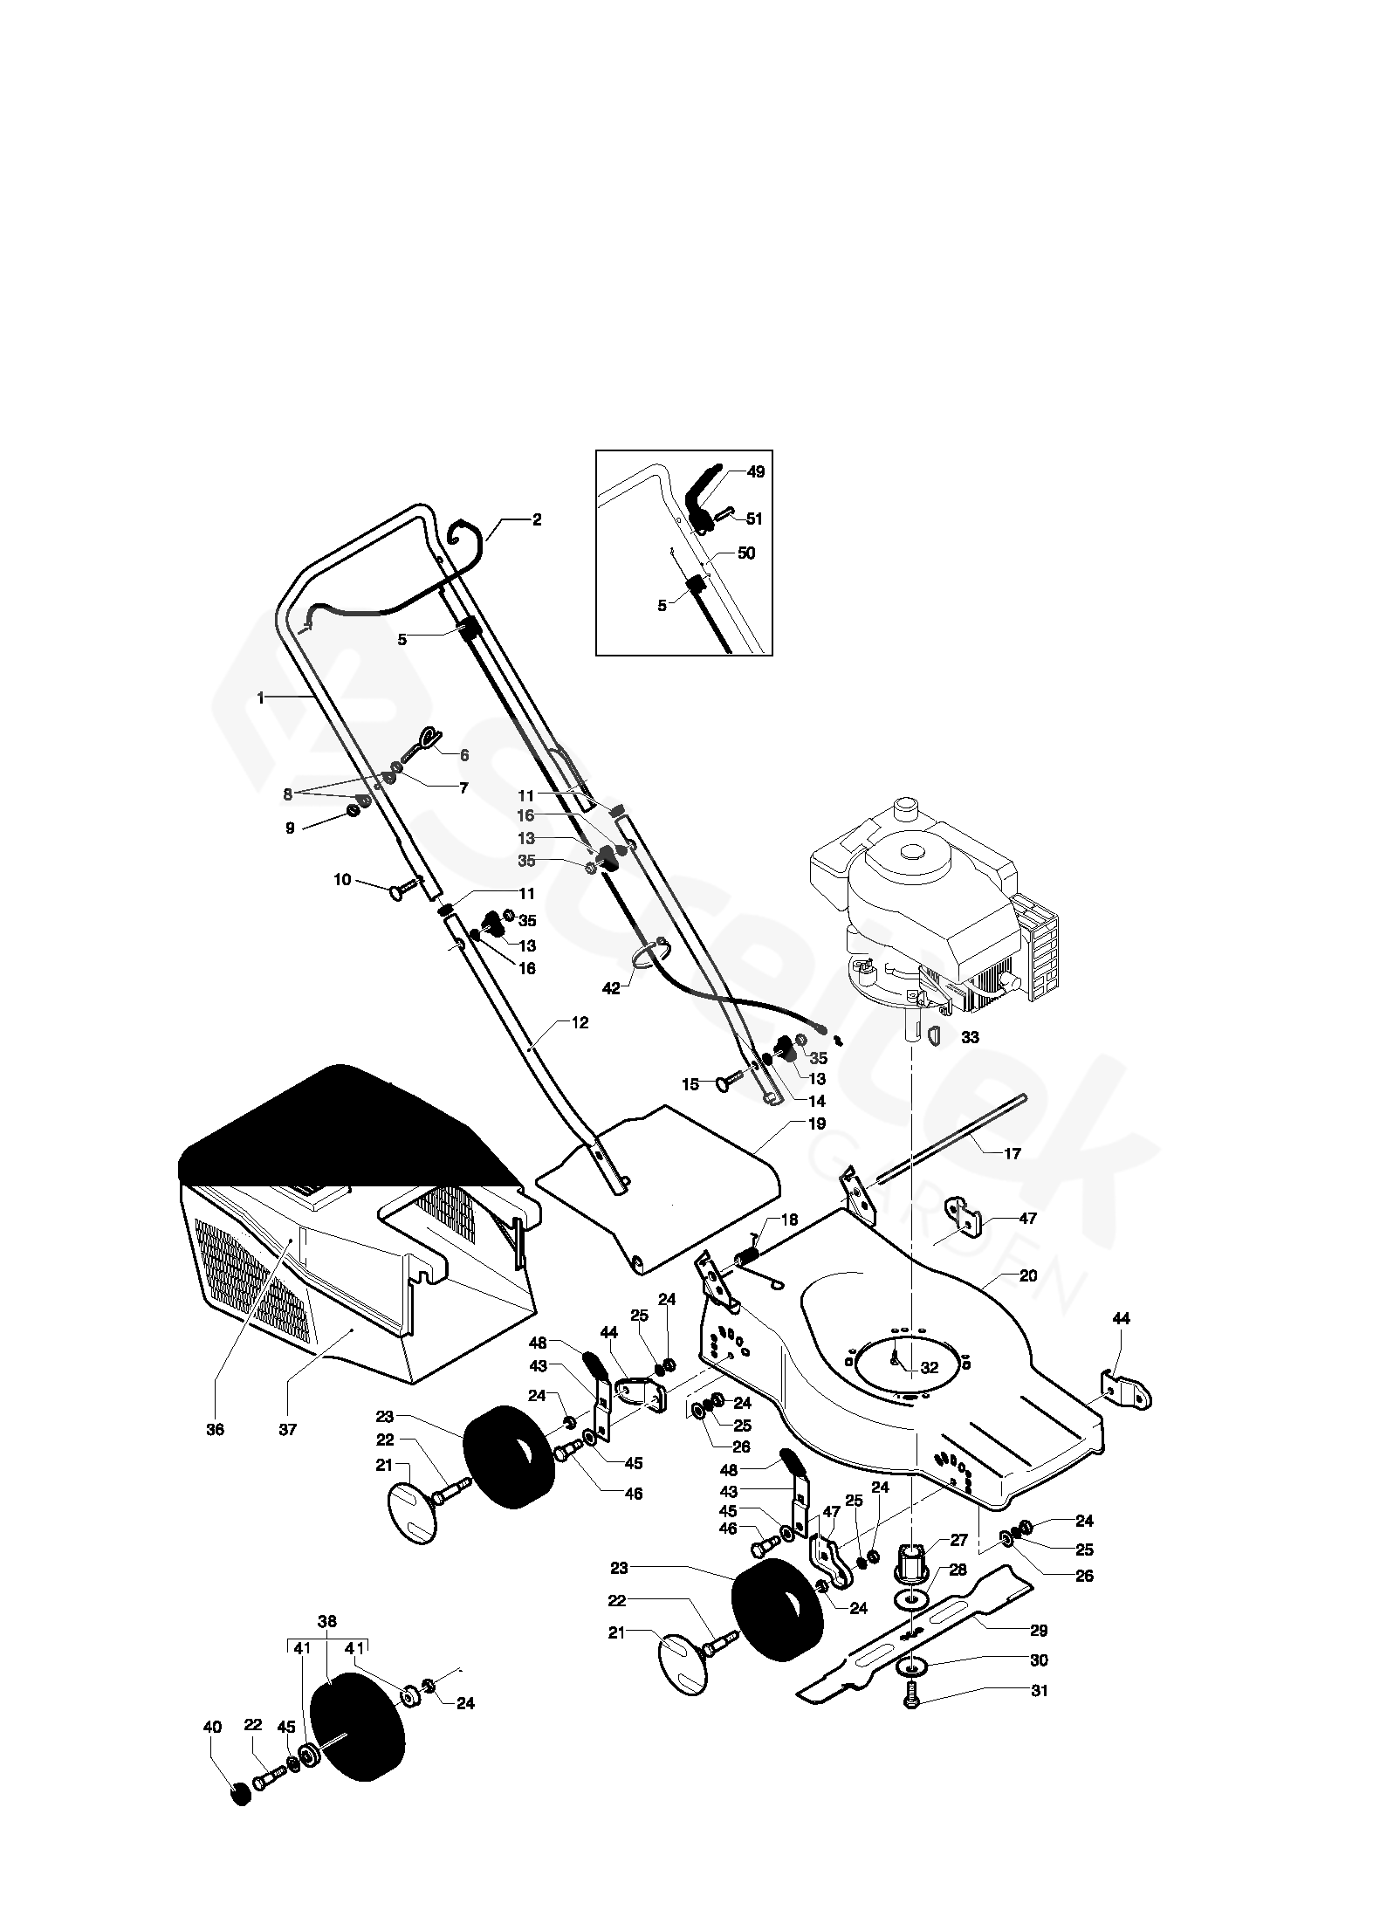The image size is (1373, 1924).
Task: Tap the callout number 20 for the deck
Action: [x=1028, y=1275]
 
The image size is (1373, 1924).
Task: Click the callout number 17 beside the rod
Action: [x=1013, y=1153]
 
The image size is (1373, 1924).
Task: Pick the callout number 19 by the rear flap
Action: [x=817, y=1123]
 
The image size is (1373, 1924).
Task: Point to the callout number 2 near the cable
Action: [x=537, y=519]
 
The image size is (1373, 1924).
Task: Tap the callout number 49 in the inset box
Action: [x=756, y=471]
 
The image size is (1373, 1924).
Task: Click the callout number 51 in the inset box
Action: [x=754, y=519]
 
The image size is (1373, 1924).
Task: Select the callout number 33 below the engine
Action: [x=969, y=1037]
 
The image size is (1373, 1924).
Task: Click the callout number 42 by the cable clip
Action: [x=612, y=988]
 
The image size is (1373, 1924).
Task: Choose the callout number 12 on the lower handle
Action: [x=580, y=1022]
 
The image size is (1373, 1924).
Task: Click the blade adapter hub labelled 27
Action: [x=912, y=1557]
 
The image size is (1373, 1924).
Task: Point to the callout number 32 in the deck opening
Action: [x=929, y=1367]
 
